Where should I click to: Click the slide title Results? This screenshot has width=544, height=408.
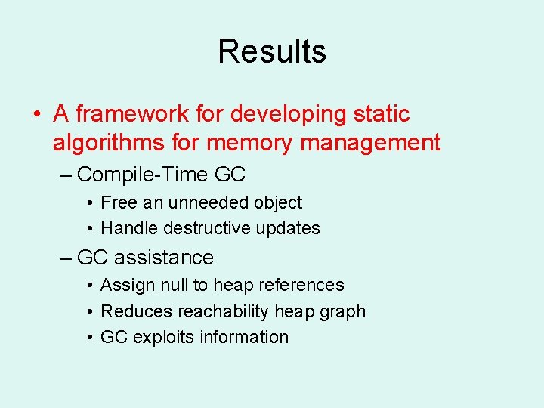coord(272,51)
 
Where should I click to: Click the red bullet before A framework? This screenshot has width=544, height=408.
coord(36,115)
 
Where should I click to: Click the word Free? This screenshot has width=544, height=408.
coord(119,202)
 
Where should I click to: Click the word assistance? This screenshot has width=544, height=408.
coord(164,258)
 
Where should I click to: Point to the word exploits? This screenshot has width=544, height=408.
coord(163,337)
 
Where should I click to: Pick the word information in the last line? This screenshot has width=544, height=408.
coord(244,337)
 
